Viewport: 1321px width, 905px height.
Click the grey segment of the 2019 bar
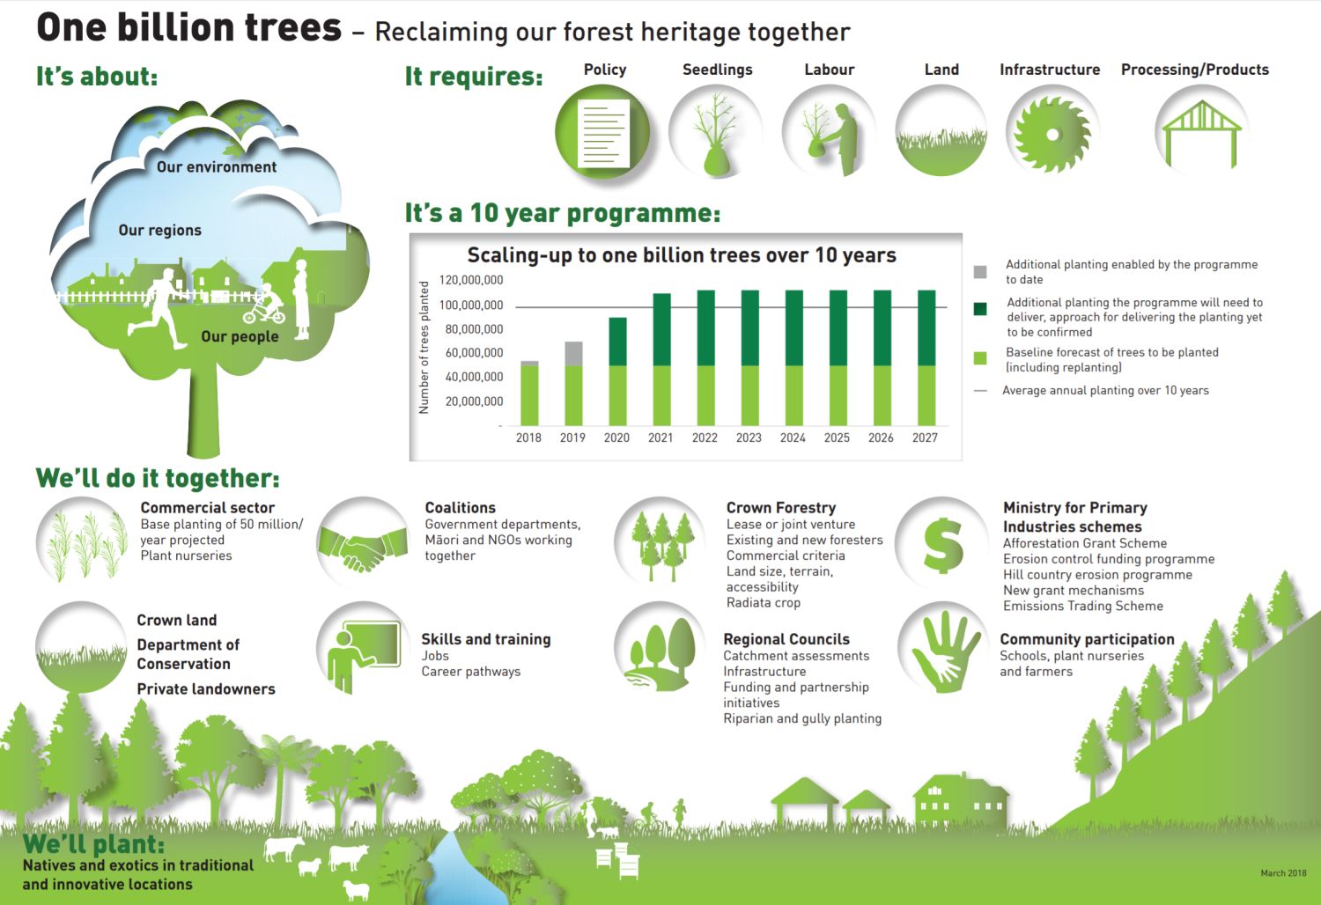574,354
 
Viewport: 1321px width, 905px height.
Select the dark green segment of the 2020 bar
617,342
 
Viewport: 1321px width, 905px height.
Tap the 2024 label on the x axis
793,438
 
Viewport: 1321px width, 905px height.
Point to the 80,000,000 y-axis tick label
474,329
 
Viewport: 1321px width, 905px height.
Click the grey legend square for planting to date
980,272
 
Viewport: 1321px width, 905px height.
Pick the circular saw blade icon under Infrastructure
1052,135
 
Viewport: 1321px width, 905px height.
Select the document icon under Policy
603,133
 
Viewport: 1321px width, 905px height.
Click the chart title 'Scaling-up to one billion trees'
681,255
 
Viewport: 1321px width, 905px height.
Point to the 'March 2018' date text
1283,872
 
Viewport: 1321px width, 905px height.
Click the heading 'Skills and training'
486,639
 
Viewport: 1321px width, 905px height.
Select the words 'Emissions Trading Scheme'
1083,606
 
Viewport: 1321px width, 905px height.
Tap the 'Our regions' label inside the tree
159,230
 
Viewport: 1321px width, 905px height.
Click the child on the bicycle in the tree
265,305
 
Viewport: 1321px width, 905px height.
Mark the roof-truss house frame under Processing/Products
1201,135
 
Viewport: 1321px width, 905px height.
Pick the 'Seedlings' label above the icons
718,70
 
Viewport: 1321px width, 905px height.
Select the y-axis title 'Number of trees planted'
424,347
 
